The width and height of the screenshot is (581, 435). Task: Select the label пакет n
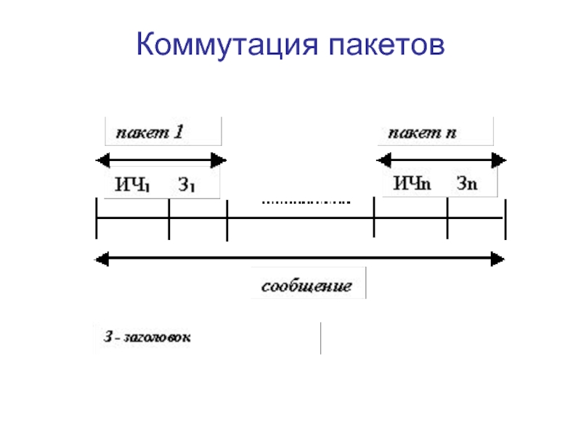coord(421,133)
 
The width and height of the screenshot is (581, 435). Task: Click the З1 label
coord(187,184)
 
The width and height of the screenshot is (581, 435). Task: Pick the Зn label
coord(467,183)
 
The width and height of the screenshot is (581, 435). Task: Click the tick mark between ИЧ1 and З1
coord(168,218)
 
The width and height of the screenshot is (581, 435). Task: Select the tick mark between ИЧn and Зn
coord(447,218)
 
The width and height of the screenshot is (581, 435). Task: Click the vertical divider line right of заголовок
coord(320,339)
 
